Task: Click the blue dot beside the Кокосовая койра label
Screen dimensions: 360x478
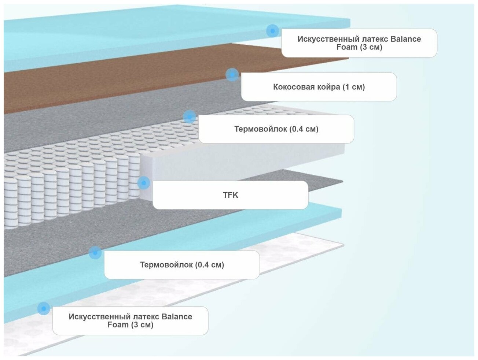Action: click(x=232, y=75)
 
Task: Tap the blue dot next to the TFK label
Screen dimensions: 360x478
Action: click(x=144, y=182)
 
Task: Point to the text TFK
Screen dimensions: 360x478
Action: click(x=231, y=195)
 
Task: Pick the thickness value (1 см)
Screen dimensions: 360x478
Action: click(x=354, y=87)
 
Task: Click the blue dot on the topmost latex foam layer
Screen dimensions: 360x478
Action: click(x=272, y=31)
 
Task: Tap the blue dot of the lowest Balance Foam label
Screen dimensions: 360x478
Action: click(x=44, y=308)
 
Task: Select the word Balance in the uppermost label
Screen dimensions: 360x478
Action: click(x=405, y=39)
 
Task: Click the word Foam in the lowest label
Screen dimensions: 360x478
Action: click(x=118, y=325)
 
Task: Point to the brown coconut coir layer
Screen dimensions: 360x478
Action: click(x=110, y=84)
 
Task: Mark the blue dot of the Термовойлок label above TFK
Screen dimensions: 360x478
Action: click(x=189, y=117)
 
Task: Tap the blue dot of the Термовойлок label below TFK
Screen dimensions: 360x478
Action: click(x=95, y=252)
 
